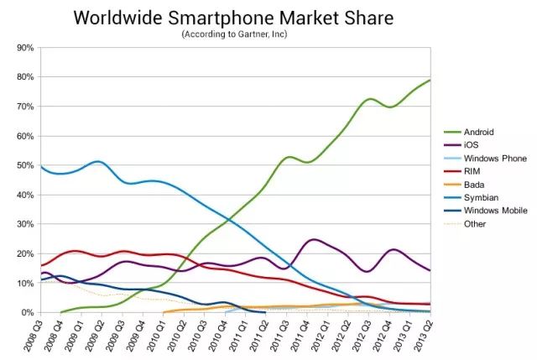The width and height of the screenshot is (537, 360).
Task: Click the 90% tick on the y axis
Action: click(x=24, y=48)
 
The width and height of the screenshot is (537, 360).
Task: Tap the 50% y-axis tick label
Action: click(x=24, y=165)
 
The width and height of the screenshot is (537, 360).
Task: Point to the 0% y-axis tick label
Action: click(x=27, y=312)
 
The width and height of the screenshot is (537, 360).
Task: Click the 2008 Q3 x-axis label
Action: click(x=32, y=336)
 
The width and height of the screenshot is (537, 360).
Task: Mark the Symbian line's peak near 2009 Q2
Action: click(x=98, y=161)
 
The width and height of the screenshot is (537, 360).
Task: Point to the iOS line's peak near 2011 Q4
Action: click(x=314, y=240)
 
